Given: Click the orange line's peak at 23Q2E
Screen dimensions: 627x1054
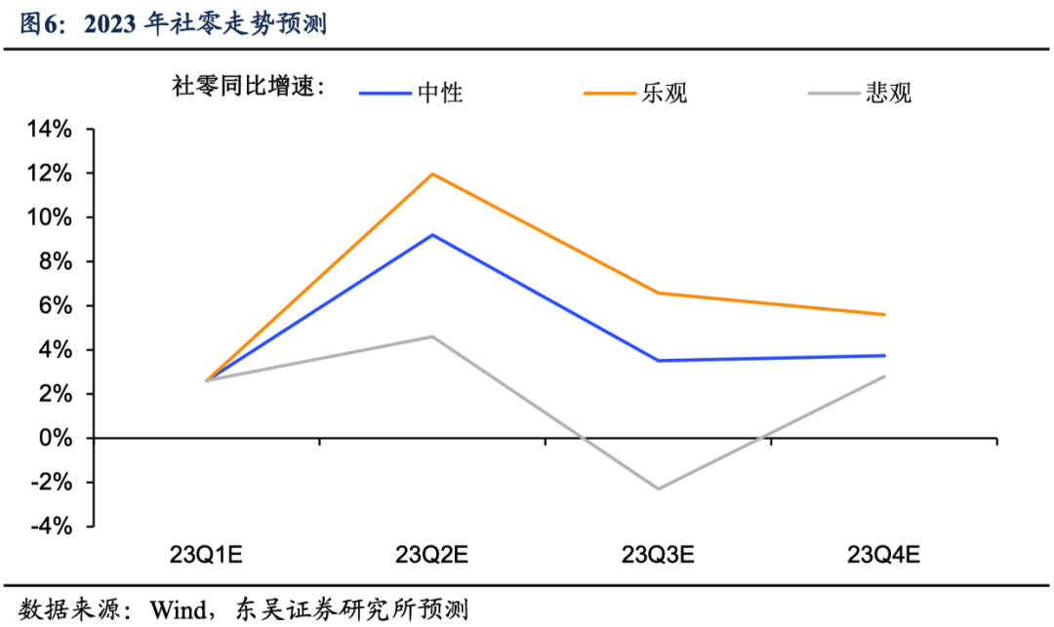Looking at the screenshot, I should [432, 174].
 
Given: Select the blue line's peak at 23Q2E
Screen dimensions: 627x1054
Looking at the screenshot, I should [432, 234].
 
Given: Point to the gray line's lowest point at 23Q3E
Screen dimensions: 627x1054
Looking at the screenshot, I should [659, 489].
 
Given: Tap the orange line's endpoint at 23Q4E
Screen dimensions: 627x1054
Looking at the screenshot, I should [884, 314].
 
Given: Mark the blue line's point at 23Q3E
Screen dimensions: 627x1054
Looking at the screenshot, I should [659, 361].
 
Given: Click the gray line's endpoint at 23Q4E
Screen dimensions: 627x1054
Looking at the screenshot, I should [884, 376].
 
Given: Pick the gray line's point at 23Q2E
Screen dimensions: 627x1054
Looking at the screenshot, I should [432, 336].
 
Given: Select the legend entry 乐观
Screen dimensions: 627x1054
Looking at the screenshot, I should [665, 93].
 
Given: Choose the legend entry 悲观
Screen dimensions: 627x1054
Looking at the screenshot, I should [888, 93].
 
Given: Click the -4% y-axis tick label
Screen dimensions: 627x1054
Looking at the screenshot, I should [53, 527].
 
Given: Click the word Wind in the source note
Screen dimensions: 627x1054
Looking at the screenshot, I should [178, 610].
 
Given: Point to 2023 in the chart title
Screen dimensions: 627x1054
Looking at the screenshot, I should [110, 23].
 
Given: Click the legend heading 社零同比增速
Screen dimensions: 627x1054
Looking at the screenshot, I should [246, 87].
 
